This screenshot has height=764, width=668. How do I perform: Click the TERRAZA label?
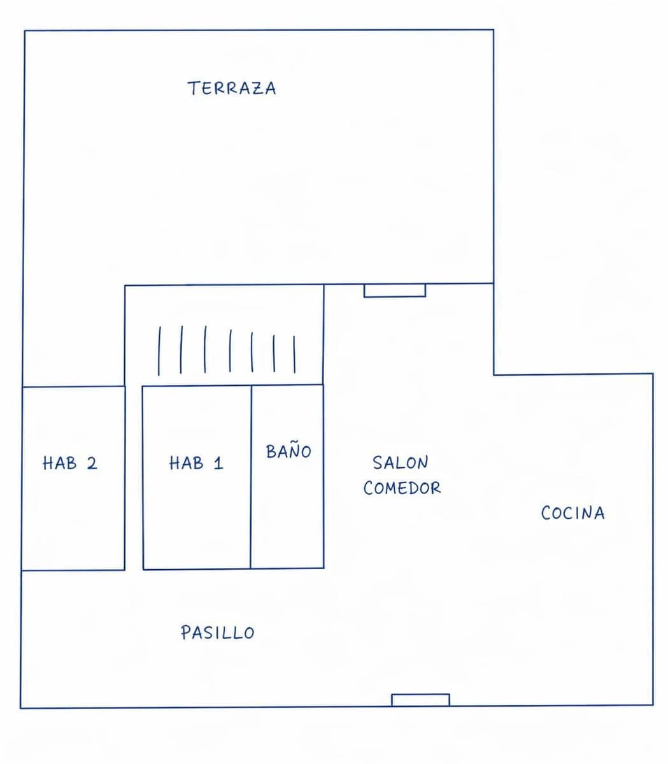click(x=232, y=88)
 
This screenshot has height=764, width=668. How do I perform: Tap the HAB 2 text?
click(x=70, y=463)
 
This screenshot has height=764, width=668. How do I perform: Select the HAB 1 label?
click(x=196, y=463)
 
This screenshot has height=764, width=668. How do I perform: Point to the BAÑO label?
click(x=288, y=451)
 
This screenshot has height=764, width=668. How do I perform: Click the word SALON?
click(x=401, y=462)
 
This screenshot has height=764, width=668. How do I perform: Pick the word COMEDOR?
click(x=402, y=488)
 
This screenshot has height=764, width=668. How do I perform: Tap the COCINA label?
click(x=572, y=513)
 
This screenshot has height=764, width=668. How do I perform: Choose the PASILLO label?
click(x=217, y=633)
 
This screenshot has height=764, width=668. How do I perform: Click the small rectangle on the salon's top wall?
click(x=395, y=290)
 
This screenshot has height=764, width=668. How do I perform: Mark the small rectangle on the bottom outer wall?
click(x=420, y=700)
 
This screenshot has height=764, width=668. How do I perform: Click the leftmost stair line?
click(x=159, y=350)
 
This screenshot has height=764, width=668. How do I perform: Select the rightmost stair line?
click(x=294, y=354)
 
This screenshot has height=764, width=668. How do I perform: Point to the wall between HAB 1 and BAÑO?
click(x=251, y=478)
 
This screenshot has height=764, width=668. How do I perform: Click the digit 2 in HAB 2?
click(x=92, y=463)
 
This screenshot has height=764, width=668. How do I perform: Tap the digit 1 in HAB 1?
click(x=219, y=463)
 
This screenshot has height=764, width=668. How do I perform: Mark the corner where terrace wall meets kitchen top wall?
click(x=494, y=374)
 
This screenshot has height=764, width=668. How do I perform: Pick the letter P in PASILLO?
click(x=185, y=633)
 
